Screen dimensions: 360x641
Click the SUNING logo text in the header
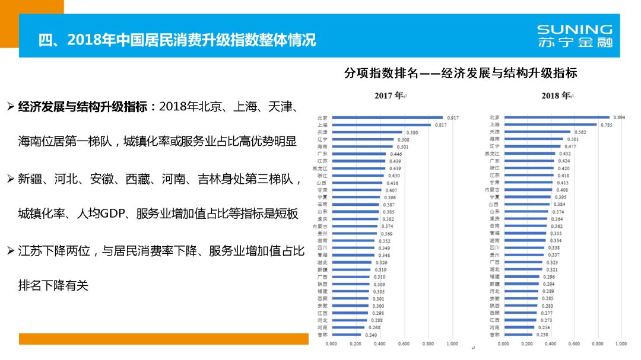pyautogui.click(x=574, y=30)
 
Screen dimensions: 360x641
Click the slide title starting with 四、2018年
pyautogui.click(x=177, y=40)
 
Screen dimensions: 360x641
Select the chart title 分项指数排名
pyautogui.click(x=461, y=74)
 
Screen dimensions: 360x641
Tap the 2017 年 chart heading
pyautogui.click(x=389, y=95)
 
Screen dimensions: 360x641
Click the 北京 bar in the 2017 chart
pyautogui.click(x=387, y=117)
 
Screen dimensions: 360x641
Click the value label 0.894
pyautogui.click(x=619, y=117)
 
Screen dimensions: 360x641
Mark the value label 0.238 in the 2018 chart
pyautogui.click(x=542, y=334)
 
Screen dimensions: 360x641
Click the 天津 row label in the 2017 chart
pyautogui.click(x=323, y=132)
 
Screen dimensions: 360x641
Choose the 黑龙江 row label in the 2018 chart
pyautogui.click(x=493, y=154)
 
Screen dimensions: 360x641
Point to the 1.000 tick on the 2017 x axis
pyautogui.click(x=452, y=344)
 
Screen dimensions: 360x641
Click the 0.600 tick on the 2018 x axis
pyautogui.click(x=574, y=344)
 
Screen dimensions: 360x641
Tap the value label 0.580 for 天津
pyautogui.click(x=411, y=132)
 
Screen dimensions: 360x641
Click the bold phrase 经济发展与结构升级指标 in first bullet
pyautogui.click(x=84, y=107)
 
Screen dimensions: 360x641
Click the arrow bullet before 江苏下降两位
pyautogui.click(x=10, y=251)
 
